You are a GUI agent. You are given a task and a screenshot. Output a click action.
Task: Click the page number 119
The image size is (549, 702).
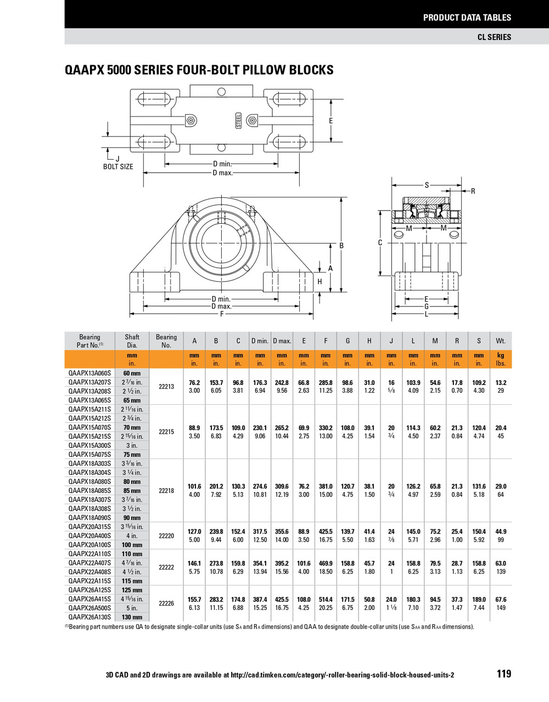503,674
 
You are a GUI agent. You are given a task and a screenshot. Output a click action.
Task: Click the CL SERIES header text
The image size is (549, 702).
494,37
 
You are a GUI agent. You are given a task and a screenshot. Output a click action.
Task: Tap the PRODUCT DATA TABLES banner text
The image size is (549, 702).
467,18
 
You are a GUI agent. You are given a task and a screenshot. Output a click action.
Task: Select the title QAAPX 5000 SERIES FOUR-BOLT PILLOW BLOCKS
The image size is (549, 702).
199,70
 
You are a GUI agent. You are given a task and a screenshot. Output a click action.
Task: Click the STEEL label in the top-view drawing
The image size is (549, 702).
239,121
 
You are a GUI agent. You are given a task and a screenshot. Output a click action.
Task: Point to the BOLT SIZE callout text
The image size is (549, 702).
118,167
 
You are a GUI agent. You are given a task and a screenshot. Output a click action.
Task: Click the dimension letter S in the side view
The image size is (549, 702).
427,185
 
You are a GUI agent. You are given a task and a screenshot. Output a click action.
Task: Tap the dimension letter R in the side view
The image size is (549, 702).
473,191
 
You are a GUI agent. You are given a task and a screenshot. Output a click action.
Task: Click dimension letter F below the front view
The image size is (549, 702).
222,314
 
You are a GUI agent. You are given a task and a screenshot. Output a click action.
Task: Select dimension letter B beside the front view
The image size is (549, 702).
341,246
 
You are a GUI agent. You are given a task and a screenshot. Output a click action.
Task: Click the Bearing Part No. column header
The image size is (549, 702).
89,341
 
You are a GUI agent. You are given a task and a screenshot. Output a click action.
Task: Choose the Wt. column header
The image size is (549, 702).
501,341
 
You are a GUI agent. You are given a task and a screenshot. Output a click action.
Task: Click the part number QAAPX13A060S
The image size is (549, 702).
89,373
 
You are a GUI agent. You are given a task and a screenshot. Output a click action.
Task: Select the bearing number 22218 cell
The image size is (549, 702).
166,491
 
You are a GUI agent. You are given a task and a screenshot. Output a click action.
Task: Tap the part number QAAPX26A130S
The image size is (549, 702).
89,617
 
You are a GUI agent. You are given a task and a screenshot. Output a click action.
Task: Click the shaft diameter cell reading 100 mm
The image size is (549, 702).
132,545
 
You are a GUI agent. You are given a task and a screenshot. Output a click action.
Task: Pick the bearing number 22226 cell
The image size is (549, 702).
166,603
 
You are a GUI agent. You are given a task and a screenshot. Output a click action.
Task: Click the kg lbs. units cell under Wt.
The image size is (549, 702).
501,360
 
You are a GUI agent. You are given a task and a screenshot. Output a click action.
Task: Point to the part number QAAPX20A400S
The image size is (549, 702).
89,536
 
